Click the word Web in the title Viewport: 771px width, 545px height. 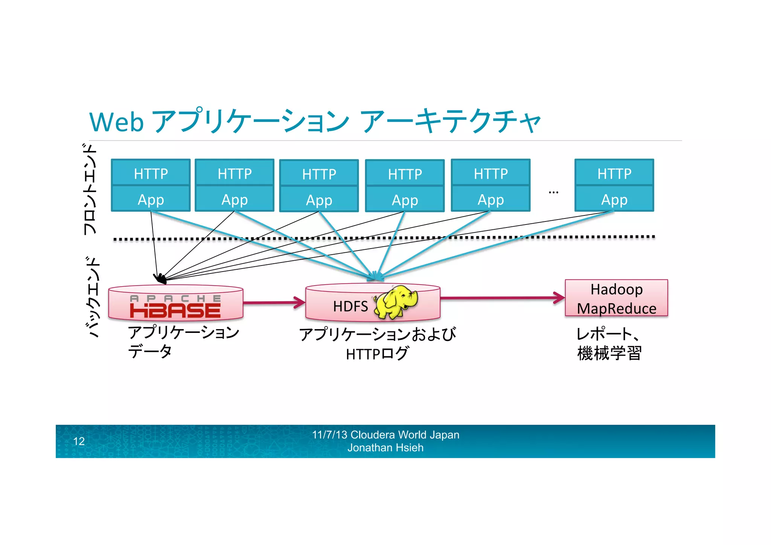117,122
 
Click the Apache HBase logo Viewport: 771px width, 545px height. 175,307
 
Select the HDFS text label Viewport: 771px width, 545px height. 350,306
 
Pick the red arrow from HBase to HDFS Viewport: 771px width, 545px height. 274,302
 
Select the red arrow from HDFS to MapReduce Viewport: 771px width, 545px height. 503,298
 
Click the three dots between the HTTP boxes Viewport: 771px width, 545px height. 553,192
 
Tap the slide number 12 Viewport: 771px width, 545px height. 79,441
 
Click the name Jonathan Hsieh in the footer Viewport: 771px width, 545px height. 385,448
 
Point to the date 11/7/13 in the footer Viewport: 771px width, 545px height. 329,435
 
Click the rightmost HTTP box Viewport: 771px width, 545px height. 614,173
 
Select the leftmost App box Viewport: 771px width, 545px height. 151,199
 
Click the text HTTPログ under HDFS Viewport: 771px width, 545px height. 377,354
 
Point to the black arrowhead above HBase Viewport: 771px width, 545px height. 160,278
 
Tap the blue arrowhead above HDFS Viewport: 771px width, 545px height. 376,277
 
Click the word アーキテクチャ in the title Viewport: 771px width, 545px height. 450,121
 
